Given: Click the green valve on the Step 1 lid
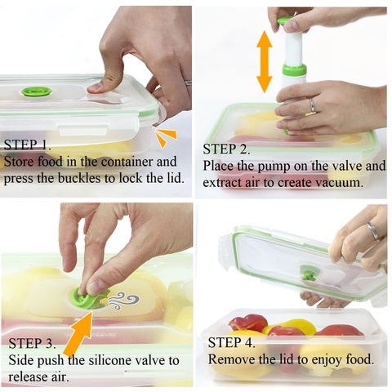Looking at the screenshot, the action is tap(37, 91).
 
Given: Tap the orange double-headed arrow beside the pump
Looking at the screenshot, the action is tap(264, 62).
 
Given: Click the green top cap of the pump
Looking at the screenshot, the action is tap(285, 20).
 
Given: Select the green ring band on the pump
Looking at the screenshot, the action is tap(294, 69).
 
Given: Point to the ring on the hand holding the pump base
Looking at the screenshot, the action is tap(312, 105).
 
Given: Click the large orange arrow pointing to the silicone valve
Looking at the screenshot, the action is tap(79, 334).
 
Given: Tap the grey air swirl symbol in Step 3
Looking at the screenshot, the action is tap(124, 301).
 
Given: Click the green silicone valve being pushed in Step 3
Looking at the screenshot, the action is tap(88, 298).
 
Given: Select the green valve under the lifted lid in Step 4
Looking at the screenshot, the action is tap(309, 274).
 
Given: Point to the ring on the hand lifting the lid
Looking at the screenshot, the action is tap(373, 231).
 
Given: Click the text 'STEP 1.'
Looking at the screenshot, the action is tap(27, 145).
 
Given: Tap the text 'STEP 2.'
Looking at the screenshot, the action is tap(226, 149).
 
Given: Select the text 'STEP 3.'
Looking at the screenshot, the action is tap(32, 343).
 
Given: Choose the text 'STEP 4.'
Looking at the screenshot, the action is tap(231, 342).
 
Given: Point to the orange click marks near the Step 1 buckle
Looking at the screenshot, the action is tap(166, 137).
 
